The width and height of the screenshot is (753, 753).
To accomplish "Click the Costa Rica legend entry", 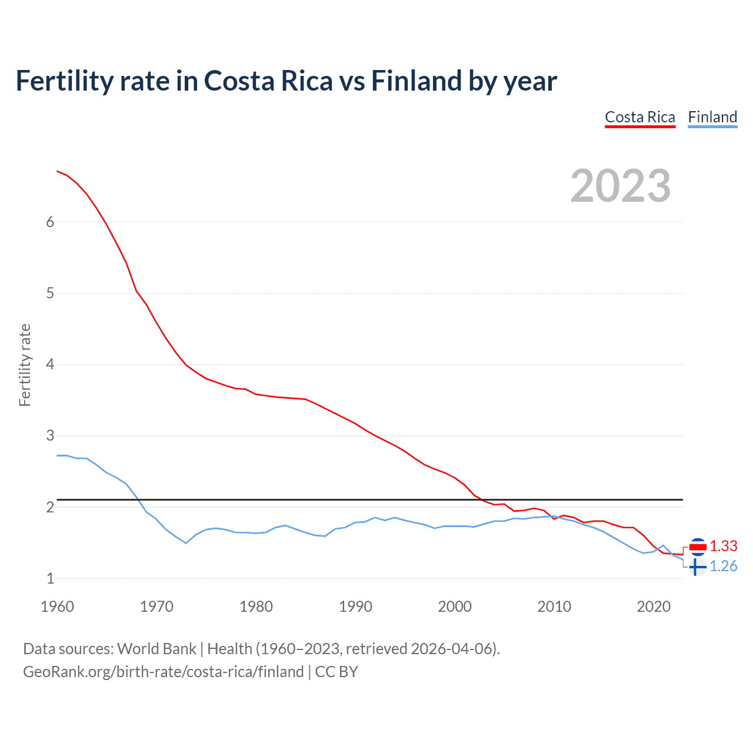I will click(640, 117).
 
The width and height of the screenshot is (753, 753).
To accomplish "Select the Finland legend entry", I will click(712, 117).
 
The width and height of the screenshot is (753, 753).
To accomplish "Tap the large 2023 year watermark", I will click(621, 186).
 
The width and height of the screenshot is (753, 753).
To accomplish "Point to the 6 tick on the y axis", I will click(50, 222).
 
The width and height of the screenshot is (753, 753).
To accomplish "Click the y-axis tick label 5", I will click(50, 293).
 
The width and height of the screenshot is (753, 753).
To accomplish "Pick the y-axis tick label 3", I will click(50, 436).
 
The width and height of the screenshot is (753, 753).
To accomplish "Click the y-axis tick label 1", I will click(50, 578).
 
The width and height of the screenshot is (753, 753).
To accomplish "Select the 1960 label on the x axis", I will click(57, 607).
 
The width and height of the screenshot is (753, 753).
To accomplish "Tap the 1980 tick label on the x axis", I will click(256, 607).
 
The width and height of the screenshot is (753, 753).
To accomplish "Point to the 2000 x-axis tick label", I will click(455, 607).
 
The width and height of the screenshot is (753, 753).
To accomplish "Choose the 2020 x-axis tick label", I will click(654, 607).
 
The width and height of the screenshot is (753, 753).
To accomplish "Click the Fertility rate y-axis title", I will click(25, 365).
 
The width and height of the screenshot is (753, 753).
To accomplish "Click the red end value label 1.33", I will click(723, 547).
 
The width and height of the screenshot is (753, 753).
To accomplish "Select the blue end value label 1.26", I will click(723, 566).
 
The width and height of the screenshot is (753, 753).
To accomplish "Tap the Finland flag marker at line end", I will click(697, 567).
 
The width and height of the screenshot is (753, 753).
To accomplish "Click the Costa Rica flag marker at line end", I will click(697, 547).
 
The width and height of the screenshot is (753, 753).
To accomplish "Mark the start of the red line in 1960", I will click(57, 171).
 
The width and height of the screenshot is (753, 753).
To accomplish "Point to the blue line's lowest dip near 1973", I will click(186, 542).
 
